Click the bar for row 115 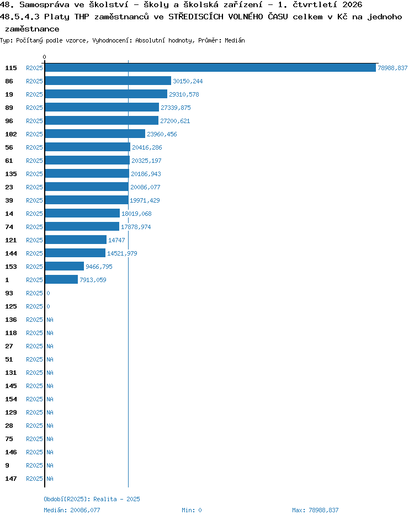point(210,68)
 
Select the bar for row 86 point(108,81)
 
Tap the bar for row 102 point(95,134)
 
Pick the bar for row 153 point(65,266)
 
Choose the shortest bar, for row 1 point(61,279)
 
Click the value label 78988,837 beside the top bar point(392,68)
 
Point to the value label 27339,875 point(176,108)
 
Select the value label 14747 point(116,240)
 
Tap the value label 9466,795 point(99,267)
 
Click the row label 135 point(11,174)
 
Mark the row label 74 point(9,227)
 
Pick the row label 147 point(11,479)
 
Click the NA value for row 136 point(50,320)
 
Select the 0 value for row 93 point(48,293)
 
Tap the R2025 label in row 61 point(34,161)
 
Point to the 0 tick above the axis point(45,57)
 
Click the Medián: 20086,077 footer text point(72,510)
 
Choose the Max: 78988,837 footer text point(316,510)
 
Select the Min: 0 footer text point(192,510)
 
